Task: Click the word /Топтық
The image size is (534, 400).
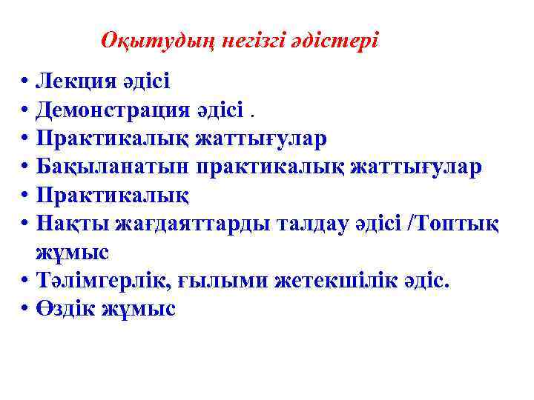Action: (455, 223)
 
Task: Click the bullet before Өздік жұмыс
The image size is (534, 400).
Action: (24, 308)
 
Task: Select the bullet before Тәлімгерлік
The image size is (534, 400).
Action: (24, 280)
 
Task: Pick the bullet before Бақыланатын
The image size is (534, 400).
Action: (24, 167)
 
